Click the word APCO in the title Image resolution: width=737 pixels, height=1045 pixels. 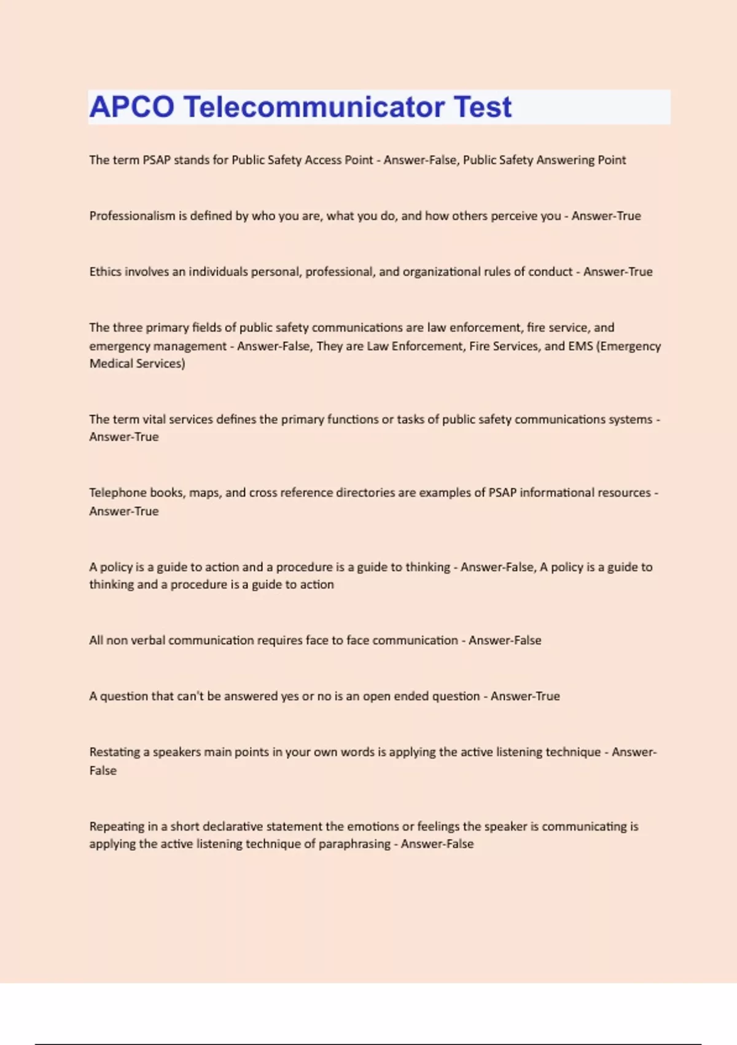pos(132,107)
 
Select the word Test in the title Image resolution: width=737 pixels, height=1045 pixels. pos(483,107)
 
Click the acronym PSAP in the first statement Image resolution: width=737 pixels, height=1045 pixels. pos(157,160)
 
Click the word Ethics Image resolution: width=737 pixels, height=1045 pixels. pos(105,272)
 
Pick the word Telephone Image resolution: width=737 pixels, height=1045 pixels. pos(117,492)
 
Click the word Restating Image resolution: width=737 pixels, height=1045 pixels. pos(115,752)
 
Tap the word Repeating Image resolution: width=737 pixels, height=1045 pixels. pos(116,826)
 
